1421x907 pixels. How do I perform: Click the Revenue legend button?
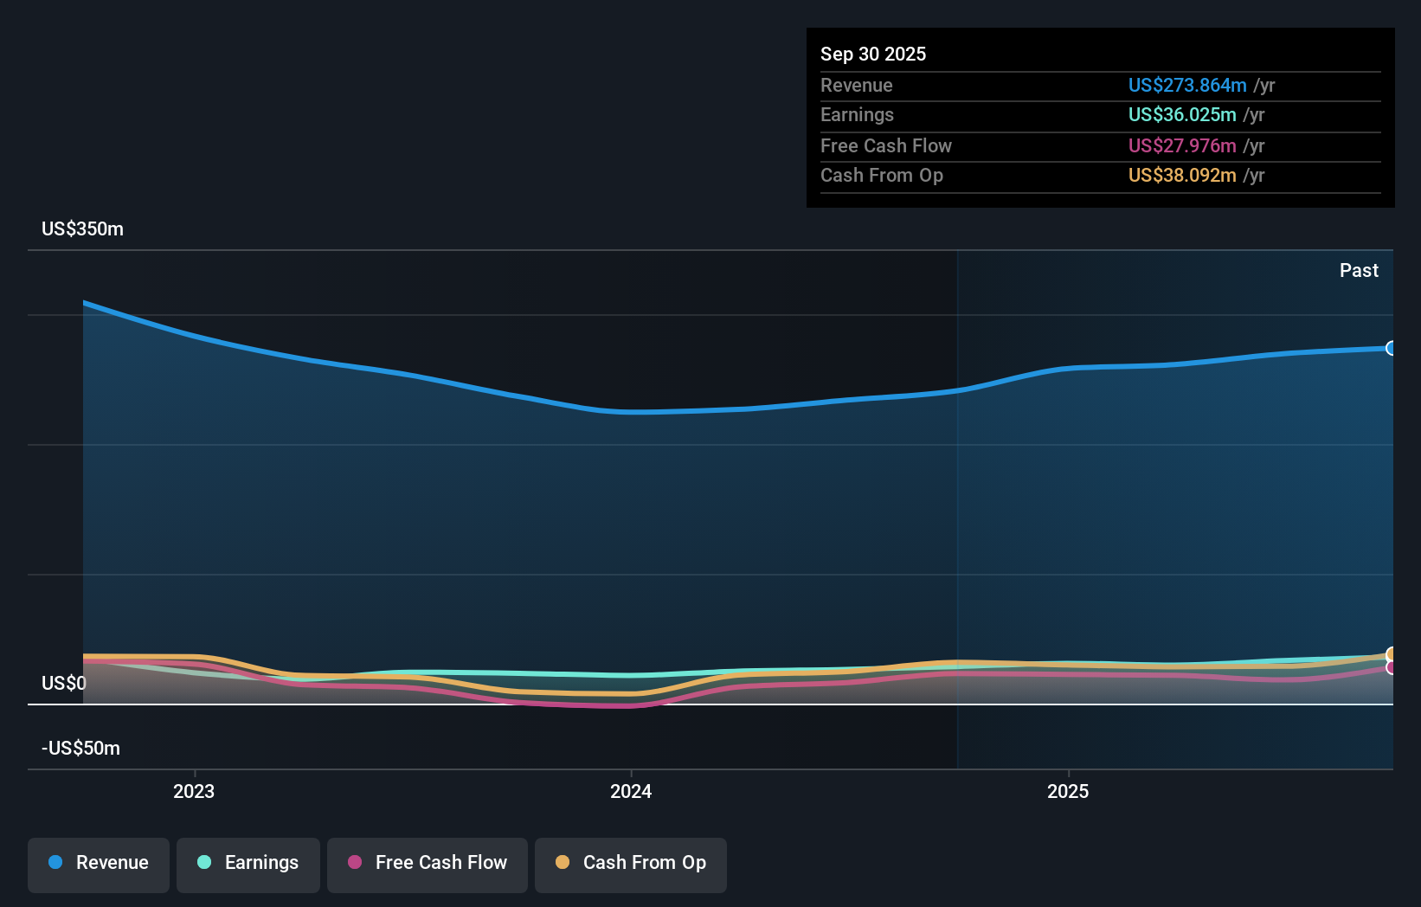99,864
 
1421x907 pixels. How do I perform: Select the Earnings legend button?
248,864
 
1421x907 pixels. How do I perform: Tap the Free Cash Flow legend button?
428,864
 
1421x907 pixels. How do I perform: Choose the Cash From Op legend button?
631,864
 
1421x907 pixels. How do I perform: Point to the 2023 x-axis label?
194,792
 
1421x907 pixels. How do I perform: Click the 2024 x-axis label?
631,792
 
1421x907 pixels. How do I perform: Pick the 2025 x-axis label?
1068,792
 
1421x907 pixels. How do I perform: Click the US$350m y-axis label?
82,229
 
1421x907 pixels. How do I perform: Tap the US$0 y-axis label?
64,684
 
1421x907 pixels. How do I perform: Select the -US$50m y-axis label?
80,749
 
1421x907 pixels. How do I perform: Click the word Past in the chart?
1359,271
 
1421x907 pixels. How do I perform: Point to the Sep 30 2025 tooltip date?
873,55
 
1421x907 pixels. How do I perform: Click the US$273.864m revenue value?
1187,86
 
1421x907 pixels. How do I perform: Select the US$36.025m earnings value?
1182,115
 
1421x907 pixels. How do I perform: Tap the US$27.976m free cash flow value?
1182,146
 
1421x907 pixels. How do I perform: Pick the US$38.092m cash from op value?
1182,176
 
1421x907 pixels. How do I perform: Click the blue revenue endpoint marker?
1391,349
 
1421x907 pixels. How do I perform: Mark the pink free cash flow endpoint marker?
1391,668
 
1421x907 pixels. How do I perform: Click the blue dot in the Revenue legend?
55,863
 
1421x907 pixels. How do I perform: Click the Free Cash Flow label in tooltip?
885,146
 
